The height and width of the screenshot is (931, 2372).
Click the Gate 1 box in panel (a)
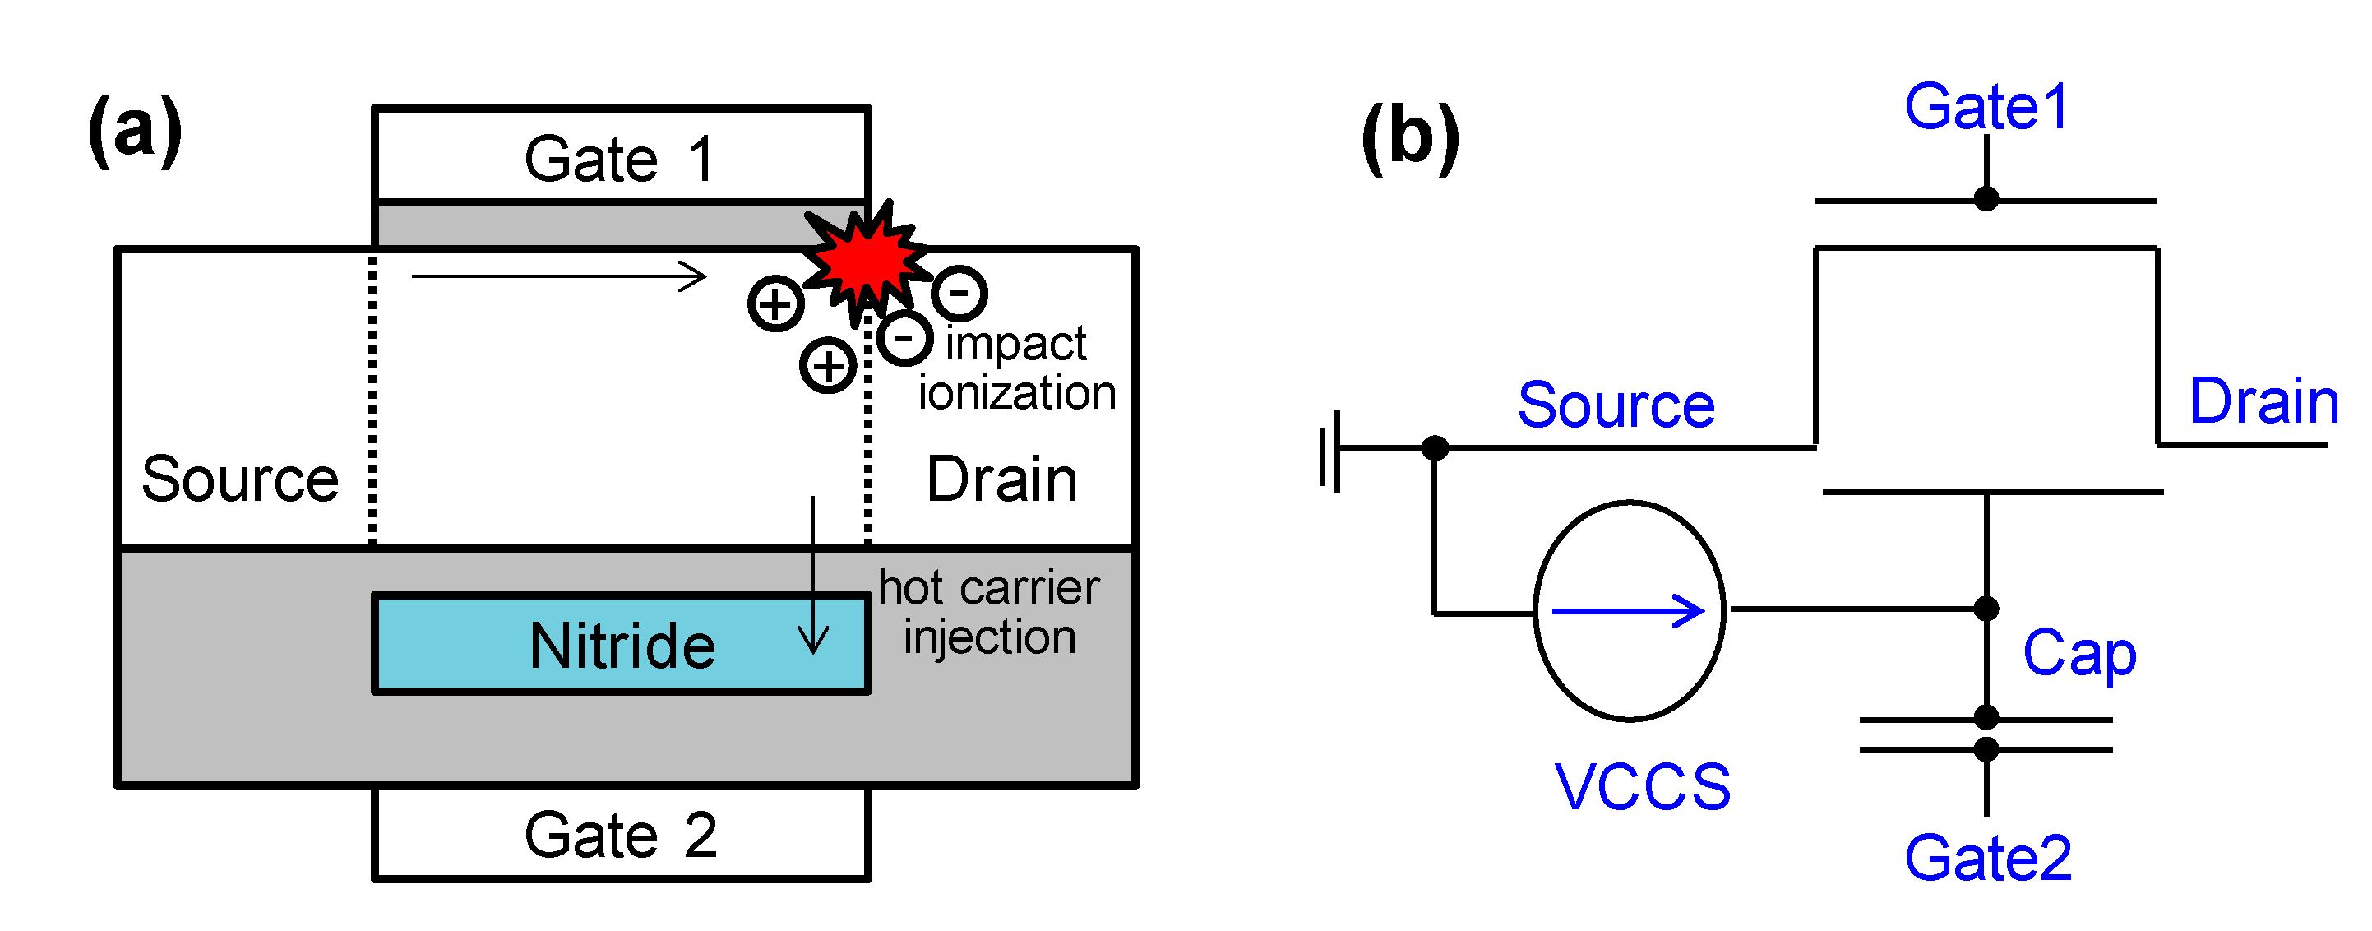tap(621, 155)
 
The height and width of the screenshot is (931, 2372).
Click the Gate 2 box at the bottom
tap(621, 833)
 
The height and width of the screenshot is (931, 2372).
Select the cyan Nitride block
tap(621, 643)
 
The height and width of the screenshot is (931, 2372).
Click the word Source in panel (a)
tap(239, 479)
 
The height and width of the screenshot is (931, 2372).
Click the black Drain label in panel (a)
tap(1001, 479)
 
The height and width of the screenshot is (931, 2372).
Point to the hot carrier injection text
tap(989, 611)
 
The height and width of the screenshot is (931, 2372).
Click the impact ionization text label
tap(1016, 368)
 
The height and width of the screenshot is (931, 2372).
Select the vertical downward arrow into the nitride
tap(813, 576)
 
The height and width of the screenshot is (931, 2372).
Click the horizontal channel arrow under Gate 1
tap(558, 276)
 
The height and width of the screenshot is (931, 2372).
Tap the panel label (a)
tap(135, 131)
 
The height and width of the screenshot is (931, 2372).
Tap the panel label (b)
tap(1410, 137)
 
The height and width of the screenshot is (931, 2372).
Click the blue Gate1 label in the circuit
tap(1986, 107)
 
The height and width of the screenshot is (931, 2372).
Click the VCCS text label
tap(1642, 787)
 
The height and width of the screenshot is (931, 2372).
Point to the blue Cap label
tap(2078, 652)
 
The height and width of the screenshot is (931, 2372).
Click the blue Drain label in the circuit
tap(2263, 401)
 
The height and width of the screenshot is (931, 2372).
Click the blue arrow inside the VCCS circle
tap(1627, 610)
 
